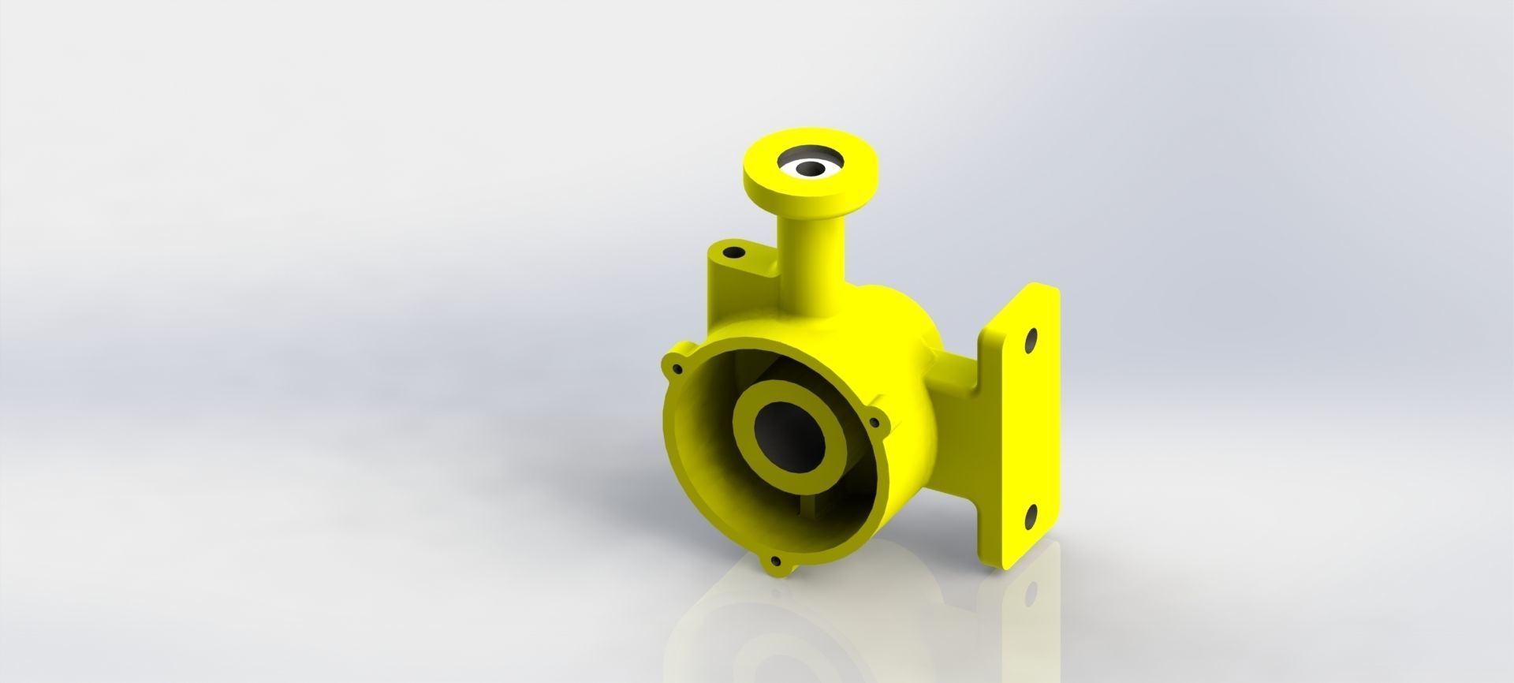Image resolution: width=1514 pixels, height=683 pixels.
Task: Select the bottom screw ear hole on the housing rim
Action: tap(776, 562)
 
